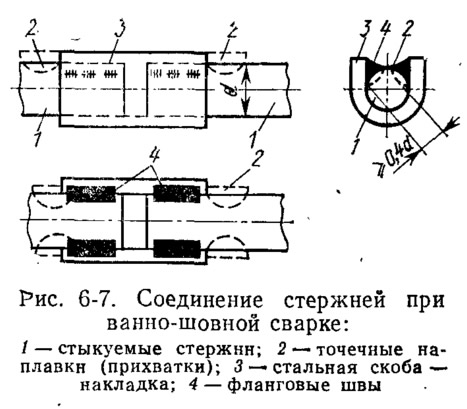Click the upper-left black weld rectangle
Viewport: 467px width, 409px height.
(x=91, y=194)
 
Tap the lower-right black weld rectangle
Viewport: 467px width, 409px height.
(x=177, y=248)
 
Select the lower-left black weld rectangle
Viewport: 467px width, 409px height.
(x=91, y=248)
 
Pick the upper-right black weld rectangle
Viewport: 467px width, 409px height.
(x=177, y=193)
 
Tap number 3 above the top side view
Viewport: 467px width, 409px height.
(x=119, y=32)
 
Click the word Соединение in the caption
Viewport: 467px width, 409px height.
(x=199, y=300)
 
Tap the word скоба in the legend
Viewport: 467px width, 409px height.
(x=393, y=368)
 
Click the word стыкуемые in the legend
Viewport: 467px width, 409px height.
(x=110, y=351)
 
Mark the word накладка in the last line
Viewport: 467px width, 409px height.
(x=124, y=385)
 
